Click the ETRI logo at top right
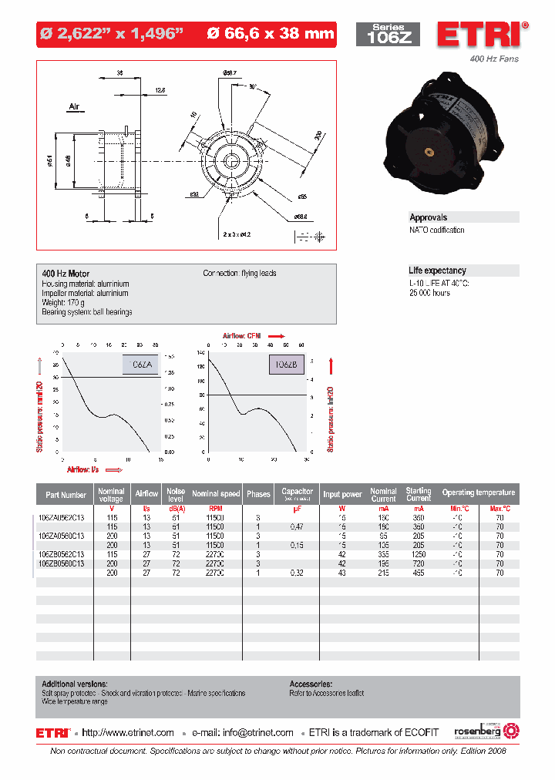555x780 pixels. (482, 35)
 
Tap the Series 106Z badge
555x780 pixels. (388, 34)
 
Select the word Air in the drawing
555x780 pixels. (75, 107)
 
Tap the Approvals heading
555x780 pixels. (429, 217)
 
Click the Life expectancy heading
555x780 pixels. (437, 271)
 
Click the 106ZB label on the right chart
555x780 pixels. (286, 364)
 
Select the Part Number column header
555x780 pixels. (66, 495)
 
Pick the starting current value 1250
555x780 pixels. (419, 554)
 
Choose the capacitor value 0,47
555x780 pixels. (296, 526)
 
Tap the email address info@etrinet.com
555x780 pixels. (257, 733)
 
